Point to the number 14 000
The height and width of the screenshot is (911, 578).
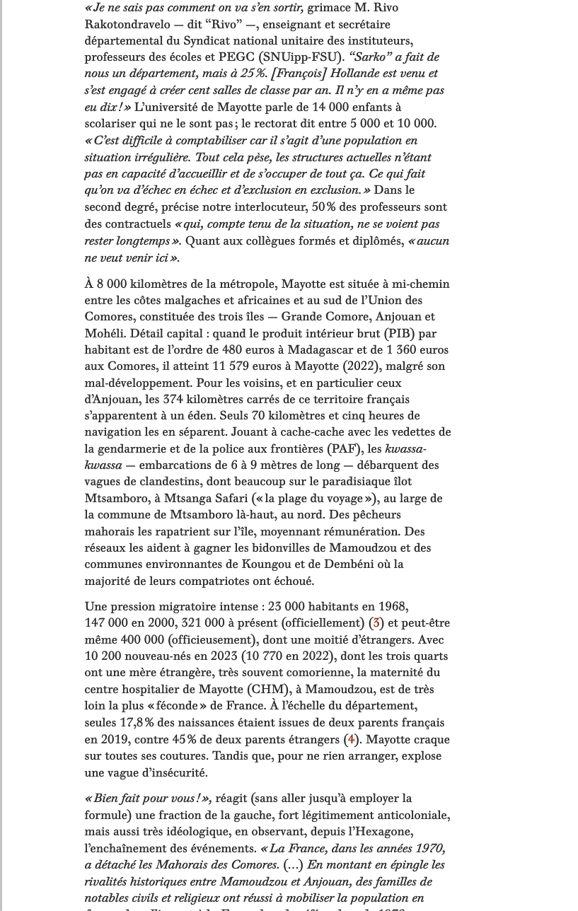pyautogui.click(x=330, y=107)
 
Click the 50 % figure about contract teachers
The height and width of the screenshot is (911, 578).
pyautogui.click(x=323, y=207)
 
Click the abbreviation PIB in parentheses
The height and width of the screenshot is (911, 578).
pyautogui.click(x=400, y=333)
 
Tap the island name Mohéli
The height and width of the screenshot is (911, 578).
pyautogui.click(x=104, y=333)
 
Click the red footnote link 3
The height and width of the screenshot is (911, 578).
pyautogui.click(x=376, y=623)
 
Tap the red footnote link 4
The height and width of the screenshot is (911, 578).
pyautogui.click(x=351, y=739)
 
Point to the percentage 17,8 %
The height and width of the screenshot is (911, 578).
pyautogui.click(x=136, y=722)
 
